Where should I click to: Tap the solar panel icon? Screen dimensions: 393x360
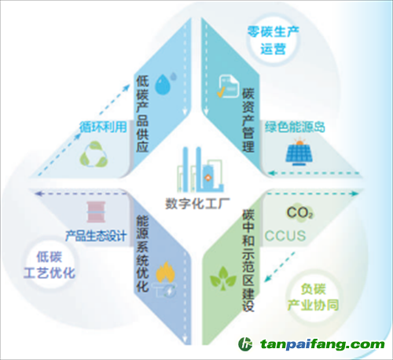(299, 152)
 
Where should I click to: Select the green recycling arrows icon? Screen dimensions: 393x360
(94, 155)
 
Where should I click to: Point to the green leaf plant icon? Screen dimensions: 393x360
(223, 278)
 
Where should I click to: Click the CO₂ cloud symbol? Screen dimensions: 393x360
(299, 213)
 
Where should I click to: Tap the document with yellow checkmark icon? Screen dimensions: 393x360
(228, 86)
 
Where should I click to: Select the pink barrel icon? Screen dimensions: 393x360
(96, 212)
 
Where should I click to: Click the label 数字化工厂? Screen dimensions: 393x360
(197, 204)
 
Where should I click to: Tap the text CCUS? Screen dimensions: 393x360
(285, 236)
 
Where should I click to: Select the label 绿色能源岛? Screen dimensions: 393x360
(295, 127)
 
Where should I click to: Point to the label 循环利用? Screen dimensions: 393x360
(103, 127)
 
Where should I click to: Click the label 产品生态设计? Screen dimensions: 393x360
(96, 236)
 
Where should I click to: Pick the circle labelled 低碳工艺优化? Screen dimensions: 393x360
(50, 264)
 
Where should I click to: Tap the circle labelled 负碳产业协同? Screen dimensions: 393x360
(313, 297)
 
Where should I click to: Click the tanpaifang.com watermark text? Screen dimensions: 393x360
(322, 344)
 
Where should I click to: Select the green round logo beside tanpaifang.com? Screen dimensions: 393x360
(245, 344)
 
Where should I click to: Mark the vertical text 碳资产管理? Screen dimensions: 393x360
(248, 120)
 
